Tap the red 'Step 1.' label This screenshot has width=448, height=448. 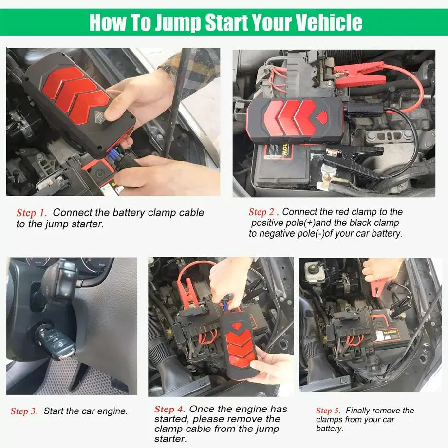pyautogui.click(x=32, y=213)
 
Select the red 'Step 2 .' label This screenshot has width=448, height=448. pyautogui.click(x=263, y=212)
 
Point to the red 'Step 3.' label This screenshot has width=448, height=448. pyautogui.click(x=24, y=411)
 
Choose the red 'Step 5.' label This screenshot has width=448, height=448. pyautogui.click(x=329, y=411)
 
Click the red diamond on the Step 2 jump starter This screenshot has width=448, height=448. pyautogui.click(x=322, y=117)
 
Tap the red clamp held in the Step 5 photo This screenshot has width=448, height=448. pyautogui.click(x=379, y=287)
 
